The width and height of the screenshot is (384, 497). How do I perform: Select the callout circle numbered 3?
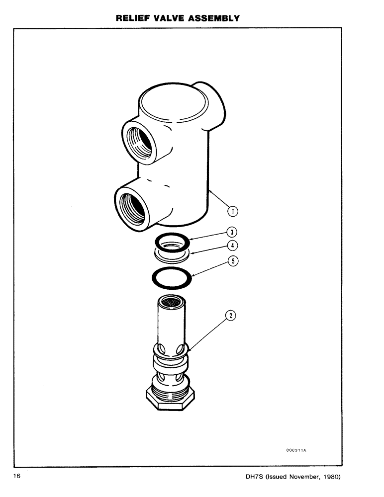click(231, 232)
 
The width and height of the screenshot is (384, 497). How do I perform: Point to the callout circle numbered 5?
click(231, 260)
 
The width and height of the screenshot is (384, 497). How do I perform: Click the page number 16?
click(17, 476)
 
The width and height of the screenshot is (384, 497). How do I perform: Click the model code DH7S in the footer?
click(255, 477)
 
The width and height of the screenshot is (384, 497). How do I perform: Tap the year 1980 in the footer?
click(329, 477)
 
